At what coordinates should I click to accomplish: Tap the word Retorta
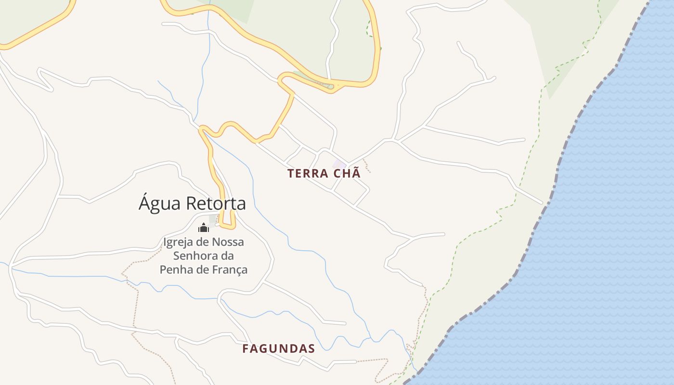click(216, 203)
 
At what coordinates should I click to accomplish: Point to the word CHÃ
click(346, 173)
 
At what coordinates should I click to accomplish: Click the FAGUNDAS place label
click(278, 348)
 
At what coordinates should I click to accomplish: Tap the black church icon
click(203, 227)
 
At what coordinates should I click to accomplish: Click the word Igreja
click(178, 242)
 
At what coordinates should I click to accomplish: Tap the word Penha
click(174, 269)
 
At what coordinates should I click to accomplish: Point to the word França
click(229, 269)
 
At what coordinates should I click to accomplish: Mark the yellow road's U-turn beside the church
click(228, 226)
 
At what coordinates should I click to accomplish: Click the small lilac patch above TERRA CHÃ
click(339, 164)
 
